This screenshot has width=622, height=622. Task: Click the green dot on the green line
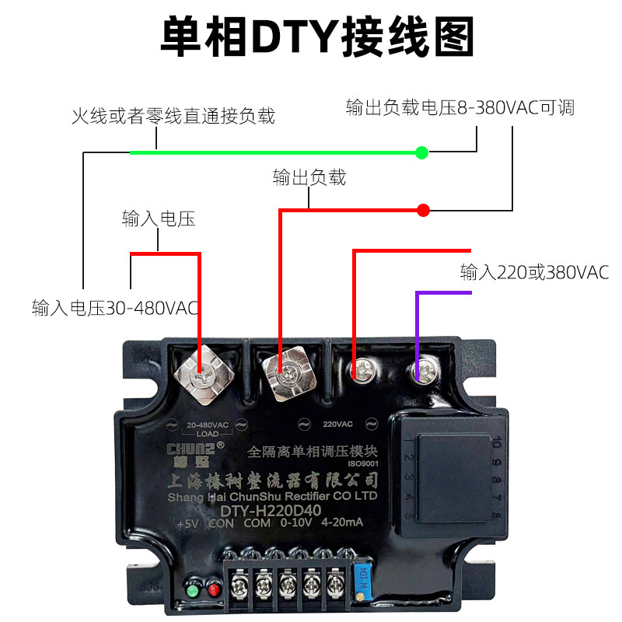(x=422, y=152)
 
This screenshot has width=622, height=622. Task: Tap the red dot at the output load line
(x=423, y=210)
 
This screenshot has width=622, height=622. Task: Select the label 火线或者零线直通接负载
(x=173, y=117)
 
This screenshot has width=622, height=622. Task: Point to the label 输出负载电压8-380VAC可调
(x=460, y=108)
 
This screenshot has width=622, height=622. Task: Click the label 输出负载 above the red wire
(x=309, y=177)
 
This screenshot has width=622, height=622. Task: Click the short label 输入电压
(x=158, y=218)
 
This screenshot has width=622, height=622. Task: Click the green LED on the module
(x=192, y=591)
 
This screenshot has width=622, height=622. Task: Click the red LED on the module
(x=213, y=591)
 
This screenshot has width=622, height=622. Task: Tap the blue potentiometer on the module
(x=360, y=579)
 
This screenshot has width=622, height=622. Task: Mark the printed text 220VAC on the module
(x=337, y=425)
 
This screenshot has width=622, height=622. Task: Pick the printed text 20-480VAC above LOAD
(x=208, y=425)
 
